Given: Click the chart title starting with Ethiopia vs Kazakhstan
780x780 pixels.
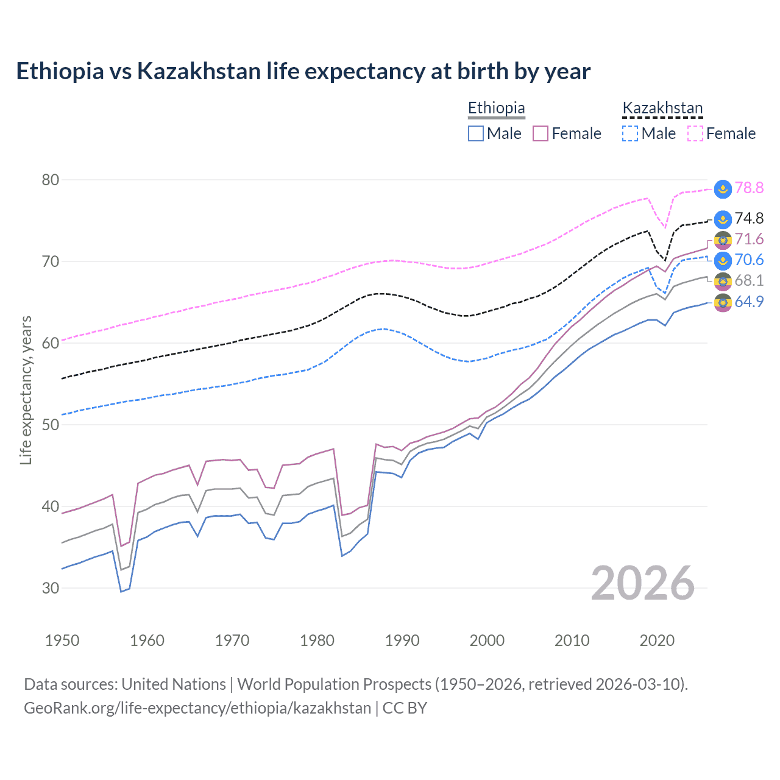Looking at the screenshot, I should pos(303,71).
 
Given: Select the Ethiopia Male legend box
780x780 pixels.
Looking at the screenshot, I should pos(476,133).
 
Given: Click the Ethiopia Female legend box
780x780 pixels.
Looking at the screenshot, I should pos(541,133).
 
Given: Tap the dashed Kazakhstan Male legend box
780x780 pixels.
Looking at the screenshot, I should pos(630,133).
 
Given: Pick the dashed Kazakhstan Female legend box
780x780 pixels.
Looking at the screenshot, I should pos(695,133).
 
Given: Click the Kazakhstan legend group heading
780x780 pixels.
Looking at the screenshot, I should pos(662,108).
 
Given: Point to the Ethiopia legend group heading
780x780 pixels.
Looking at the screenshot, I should pos(496,108).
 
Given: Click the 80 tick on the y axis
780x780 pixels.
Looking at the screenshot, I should pos(51,180).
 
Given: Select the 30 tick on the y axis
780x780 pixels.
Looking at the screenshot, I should pos(51,588).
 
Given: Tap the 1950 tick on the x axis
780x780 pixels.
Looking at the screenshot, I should pos(62,640).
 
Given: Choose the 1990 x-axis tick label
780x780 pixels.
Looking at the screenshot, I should pos(402,640).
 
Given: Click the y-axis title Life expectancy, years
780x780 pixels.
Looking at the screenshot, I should pos(26,390).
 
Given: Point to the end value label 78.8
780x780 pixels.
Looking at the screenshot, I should pos(749,188).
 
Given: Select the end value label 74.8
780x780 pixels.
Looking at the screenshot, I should pos(749,219).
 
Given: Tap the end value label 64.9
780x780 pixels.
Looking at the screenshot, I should pos(749,302).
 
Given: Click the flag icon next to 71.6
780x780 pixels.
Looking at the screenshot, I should pos(723,240).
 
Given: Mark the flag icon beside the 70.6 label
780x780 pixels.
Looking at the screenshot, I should pos(723,261).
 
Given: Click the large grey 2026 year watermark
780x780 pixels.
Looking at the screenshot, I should pos(643,583).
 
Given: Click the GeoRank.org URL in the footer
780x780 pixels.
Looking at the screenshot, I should pos(197,708).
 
